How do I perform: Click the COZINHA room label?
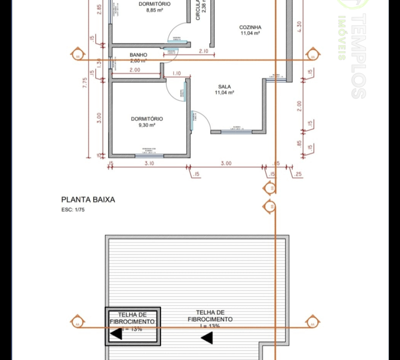pyautogui.click(x=250, y=27)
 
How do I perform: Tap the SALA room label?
pyautogui.click(x=224, y=86)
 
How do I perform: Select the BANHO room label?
pyautogui.click(x=138, y=55)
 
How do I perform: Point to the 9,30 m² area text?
pyautogui.click(x=147, y=125)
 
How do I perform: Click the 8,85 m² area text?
pyautogui.click(x=154, y=10)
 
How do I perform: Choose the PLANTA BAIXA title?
pyautogui.click(x=88, y=200)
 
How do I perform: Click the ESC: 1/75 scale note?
pyautogui.click(x=73, y=210)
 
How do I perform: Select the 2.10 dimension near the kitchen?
pyautogui.click(x=204, y=51)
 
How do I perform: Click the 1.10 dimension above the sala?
pyautogui.click(x=176, y=73)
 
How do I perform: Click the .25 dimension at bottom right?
pyautogui.click(x=297, y=174)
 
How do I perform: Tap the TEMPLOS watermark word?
pyautogui.click(x=358, y=56)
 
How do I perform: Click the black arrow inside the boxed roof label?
pyautogui.click(x=116, y=334)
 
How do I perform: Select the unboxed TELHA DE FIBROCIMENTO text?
pyautogui.click(x=210, y=316)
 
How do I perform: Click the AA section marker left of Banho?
pyautogui.click(x=77, y=55)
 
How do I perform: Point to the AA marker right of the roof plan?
pyautogui.click(x=312, y=322)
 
